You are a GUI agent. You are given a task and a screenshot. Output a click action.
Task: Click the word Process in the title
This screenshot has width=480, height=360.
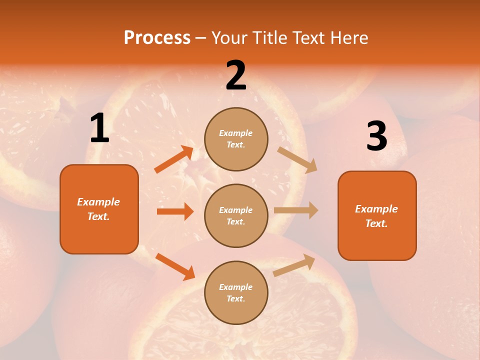click(157, 38)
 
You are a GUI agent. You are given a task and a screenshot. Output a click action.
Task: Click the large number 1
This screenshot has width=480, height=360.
click(99, 128)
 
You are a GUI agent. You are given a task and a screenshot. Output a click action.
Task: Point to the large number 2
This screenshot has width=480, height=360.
click(236, 76)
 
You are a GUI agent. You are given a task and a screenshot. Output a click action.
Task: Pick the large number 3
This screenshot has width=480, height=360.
click(376, 136)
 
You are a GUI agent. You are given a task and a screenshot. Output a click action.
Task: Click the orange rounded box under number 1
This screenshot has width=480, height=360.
click(99, 209)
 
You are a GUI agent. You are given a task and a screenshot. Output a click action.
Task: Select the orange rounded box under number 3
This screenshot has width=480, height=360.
click(377, 215)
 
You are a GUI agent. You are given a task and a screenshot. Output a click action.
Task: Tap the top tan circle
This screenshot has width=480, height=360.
click(236, 139)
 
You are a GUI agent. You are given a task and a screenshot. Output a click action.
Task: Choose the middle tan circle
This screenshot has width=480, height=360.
click(236, 215)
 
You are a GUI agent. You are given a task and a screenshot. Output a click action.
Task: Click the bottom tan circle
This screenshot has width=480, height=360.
click(236, 292)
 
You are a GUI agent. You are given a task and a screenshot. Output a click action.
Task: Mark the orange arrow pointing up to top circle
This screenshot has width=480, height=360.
click(174, 159)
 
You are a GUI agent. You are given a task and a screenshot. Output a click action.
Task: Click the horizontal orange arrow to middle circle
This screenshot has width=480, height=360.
click(175, 211)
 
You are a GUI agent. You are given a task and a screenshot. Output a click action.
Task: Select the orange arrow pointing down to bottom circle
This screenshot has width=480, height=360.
click(175, 266)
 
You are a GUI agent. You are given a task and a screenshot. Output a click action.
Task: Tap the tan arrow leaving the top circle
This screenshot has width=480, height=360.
click(297, 159)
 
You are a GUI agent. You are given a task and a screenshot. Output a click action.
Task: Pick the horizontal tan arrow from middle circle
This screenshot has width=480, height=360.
click(296, 210)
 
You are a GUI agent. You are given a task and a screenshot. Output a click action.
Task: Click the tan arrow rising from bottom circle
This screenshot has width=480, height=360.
click(294, 265)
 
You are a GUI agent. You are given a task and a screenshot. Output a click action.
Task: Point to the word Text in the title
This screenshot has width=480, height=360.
click(308, 38)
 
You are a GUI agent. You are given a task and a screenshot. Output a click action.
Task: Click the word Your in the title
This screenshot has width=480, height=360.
click(230, 38)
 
